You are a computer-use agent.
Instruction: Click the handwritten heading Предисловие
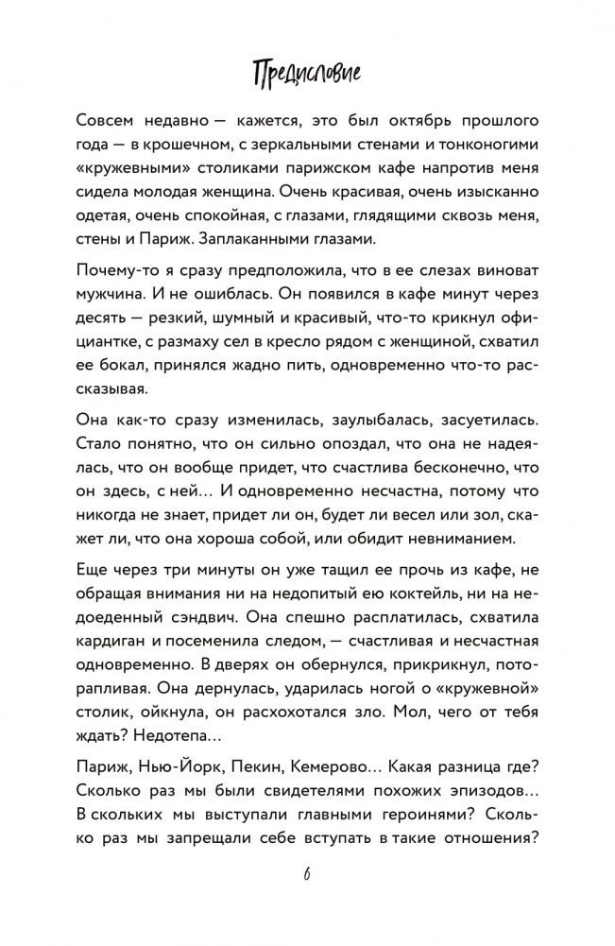tap(308, 73)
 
